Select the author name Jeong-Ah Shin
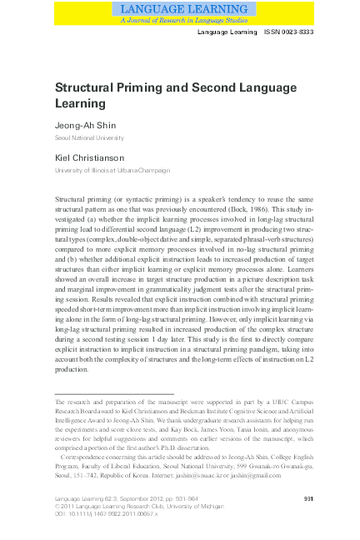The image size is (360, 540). (87, 123)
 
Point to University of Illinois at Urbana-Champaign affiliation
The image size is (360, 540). (112, 170)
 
